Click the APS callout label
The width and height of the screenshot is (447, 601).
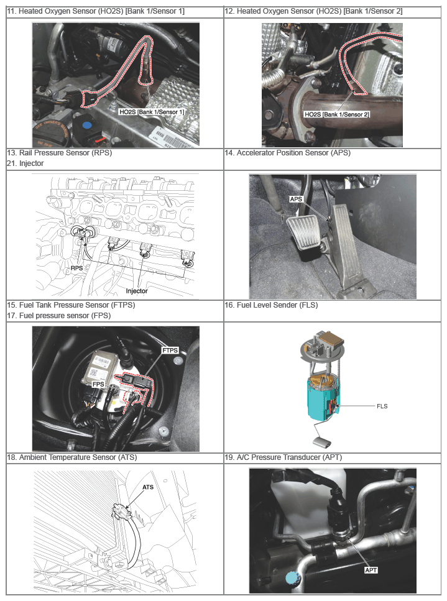296,200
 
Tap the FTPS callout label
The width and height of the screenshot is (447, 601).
170,351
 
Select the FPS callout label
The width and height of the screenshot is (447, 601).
98,384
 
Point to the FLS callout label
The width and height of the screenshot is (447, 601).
382,406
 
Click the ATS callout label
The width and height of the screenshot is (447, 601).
148,487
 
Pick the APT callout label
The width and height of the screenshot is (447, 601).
371,570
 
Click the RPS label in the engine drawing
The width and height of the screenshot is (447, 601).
76,268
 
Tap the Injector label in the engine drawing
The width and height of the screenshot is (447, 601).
137,291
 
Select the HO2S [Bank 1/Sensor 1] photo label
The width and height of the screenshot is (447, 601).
152,112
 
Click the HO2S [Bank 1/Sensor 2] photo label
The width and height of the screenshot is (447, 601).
337,114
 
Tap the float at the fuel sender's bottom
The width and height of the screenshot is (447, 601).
323,443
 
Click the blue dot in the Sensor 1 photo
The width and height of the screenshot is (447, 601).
87,125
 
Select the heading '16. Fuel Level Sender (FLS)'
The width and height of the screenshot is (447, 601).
271,305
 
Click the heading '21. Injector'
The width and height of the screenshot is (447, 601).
25,163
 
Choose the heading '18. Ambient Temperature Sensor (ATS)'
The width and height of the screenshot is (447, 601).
71,457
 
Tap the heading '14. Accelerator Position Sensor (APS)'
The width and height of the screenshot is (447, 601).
287,153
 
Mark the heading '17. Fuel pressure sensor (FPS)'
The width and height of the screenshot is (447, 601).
58,316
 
